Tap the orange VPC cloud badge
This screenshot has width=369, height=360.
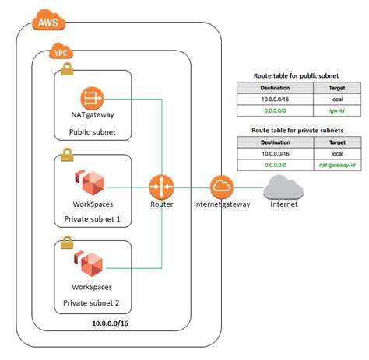tap(59, 53)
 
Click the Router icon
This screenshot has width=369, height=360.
tap(162, 187)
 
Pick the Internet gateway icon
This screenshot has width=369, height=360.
tap(222, 187)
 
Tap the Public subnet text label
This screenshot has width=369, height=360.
tap(93, 133)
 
